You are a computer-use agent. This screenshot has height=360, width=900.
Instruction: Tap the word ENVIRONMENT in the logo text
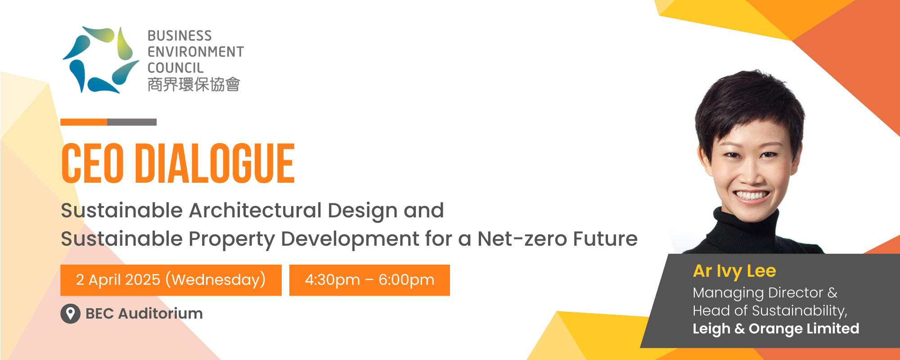point(196,52)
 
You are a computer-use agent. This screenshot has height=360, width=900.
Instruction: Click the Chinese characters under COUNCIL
point(194,84)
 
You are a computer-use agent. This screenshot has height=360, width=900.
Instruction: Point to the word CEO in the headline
point(93,163)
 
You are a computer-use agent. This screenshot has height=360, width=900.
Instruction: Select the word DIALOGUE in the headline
point(215,163)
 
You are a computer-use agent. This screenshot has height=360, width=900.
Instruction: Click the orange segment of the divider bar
point(84,122)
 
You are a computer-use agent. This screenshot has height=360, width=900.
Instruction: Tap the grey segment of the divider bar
point(132,122)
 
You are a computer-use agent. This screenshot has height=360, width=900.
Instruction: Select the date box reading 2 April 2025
point(171,280)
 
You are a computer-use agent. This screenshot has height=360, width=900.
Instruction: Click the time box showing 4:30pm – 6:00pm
point(369,280)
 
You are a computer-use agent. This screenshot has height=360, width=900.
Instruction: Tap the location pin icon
point(70,314)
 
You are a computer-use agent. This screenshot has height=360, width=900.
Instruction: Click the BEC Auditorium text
point(144,314)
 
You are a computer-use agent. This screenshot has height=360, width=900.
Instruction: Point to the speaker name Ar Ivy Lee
point(734,271)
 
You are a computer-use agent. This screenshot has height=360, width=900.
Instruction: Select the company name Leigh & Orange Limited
point(776,329)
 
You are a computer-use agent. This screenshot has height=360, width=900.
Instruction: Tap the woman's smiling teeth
point(751,196)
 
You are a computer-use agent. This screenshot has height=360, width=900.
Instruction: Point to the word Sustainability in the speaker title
point(799,311)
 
